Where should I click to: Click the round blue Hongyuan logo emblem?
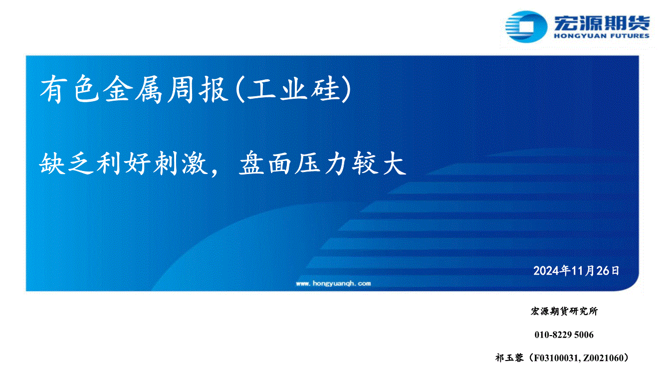coord(526,27)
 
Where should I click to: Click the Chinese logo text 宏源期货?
coord(602,23)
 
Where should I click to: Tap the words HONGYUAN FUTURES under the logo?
coord(602,36)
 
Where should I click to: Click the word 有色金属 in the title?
coord(101,89)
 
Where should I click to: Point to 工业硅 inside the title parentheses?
coord(293,89)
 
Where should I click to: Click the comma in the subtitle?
coord(215,172)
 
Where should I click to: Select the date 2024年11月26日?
coord(576,271)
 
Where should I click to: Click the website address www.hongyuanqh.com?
coord(333,283)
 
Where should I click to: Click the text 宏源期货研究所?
coord(564,311)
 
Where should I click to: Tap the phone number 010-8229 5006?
coord(564,335)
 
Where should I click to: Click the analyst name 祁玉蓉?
coord(509,358)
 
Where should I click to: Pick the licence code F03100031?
coord(556,358)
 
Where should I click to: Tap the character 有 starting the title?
coord(53,89)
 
